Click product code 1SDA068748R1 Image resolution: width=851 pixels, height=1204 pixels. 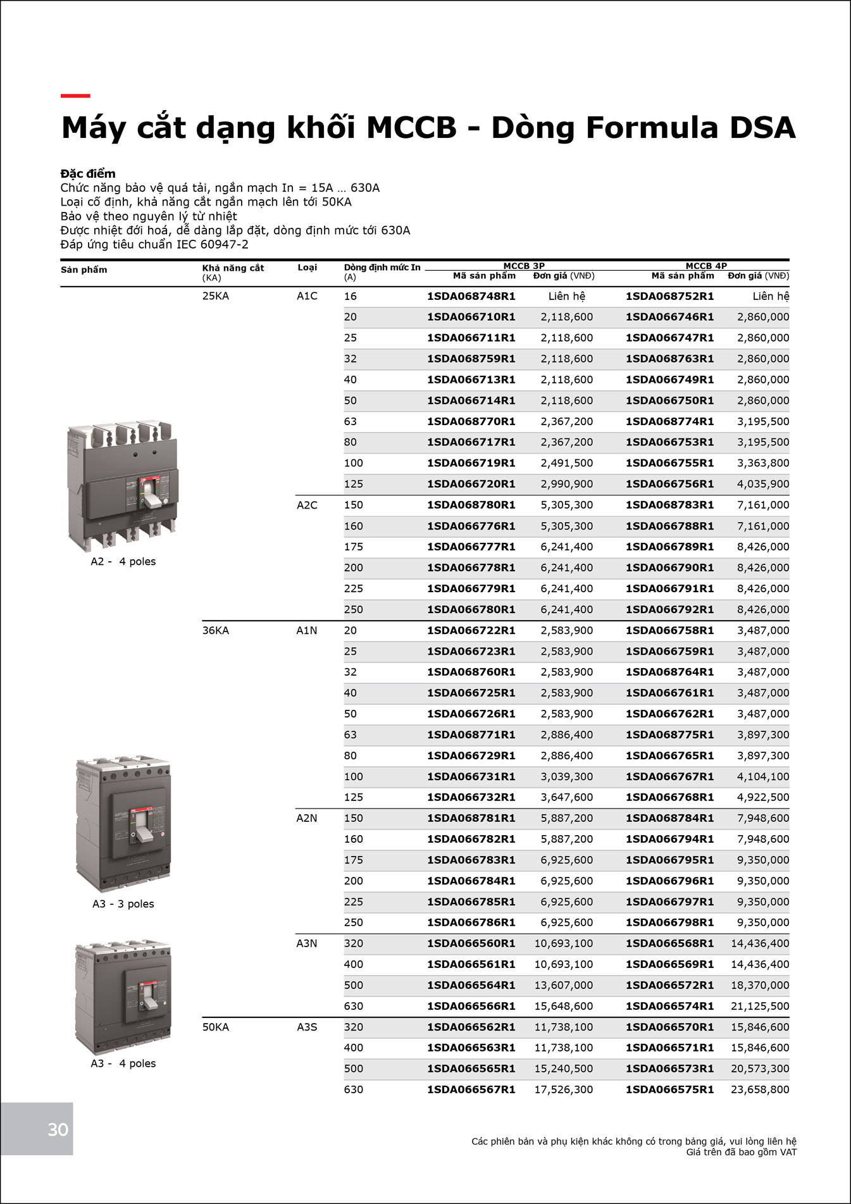coord(471,296)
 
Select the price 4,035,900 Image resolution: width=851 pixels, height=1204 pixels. coord(762,484)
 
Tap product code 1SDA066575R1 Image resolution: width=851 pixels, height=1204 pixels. coord(669,1089)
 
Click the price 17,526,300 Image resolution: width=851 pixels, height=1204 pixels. coord(563,1089)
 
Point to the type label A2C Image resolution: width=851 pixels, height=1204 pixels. coord(307,505)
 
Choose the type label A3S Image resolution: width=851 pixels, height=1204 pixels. coord(307,1027)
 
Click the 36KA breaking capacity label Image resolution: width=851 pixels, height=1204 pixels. coord(215,630)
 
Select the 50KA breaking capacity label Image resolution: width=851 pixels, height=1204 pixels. coord(215,1027)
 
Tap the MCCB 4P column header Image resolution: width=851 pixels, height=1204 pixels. coord(706,266)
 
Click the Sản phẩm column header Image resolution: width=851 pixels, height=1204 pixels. coord(84,270)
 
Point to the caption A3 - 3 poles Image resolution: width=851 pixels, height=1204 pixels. coord(123,903)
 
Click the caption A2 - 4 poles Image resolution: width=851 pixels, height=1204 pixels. coord(123,561)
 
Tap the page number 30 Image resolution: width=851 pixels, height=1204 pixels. coord(58,1130)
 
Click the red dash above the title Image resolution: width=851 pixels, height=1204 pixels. coord(75,96)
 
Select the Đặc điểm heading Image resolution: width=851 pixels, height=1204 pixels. coord(88,173)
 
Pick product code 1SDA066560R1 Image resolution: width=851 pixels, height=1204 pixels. coord(471,943)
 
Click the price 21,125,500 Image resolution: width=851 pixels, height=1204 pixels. coord(759,1006)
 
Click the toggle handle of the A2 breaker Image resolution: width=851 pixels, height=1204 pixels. coord(152,500)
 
